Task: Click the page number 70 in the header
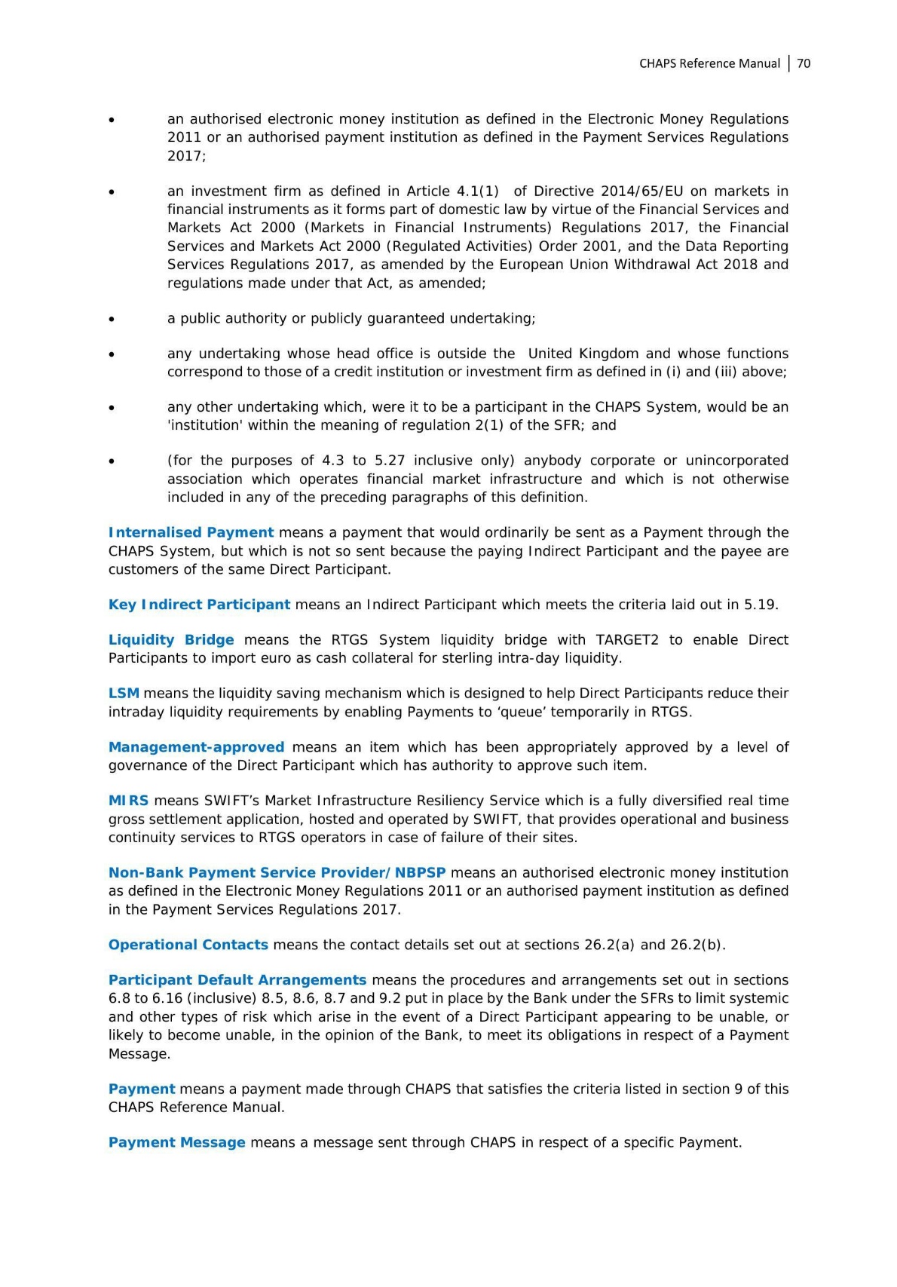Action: coord(804,63)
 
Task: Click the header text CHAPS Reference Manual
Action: coord(709,63)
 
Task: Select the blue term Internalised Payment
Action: coord(191,532)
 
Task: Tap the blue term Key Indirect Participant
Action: coord(199,605)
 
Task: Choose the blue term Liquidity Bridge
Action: coord(171,640)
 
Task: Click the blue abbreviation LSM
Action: coord(124,694)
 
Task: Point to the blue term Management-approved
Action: coord(196,747)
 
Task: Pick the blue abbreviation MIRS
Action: coord(128,801)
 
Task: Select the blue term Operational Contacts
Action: coord(188,945)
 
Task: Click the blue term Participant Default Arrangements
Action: coord(237,980)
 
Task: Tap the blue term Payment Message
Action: coord(176,1142)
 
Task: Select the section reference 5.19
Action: coord(761,605)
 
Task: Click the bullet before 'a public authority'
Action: coord(112,319)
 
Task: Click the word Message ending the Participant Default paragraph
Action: coord(139,1054)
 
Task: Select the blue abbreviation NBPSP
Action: coord(420,873)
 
